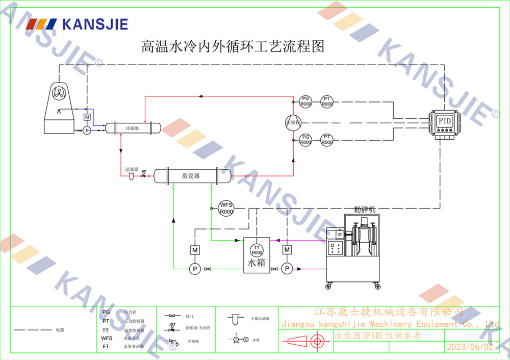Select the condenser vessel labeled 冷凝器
(133, 128)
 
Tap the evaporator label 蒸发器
(191, 176)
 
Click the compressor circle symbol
(293, 122)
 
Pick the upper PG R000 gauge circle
(305, 101)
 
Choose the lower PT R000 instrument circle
(327, 140)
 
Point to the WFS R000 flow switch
(226, 208)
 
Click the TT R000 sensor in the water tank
(257, 250)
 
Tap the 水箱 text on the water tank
(257, 264)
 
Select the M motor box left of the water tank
(194, 250)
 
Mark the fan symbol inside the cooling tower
(60, 93)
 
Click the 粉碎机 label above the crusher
(365, 209)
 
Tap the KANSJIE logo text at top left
(94, 23)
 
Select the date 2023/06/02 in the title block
(470, 347)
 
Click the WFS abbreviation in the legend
(107, 338)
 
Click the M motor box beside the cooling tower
(87, 117)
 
